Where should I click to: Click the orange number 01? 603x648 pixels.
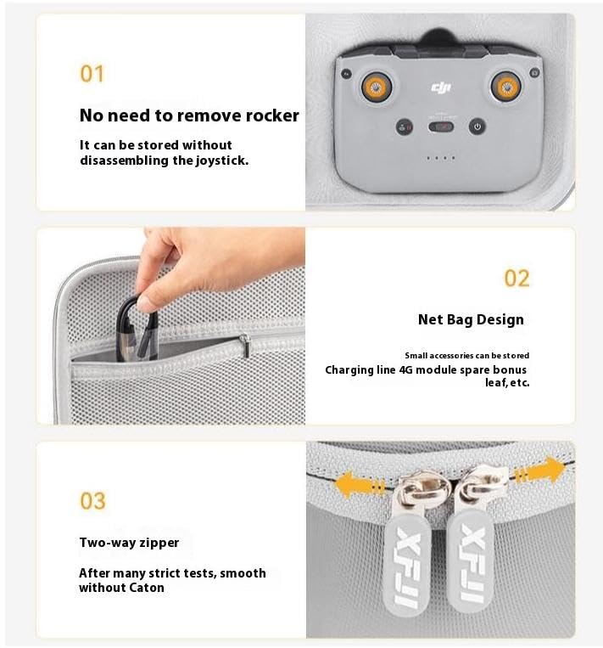pos(92,74)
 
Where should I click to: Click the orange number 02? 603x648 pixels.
pos(516,279)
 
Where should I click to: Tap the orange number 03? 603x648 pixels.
pos(92,501)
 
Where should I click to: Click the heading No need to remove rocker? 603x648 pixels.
pos(189,116)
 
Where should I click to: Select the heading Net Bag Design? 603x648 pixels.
pos(471,319)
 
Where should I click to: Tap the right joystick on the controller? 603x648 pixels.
pos(506,85)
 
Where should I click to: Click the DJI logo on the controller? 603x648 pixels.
pos(441,87)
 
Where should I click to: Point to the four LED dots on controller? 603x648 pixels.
pos(440,158)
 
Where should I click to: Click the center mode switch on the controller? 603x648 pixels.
pos(440,127)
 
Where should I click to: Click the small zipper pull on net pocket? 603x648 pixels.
pos(244,344)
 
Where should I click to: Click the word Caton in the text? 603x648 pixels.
pos(147,588)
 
